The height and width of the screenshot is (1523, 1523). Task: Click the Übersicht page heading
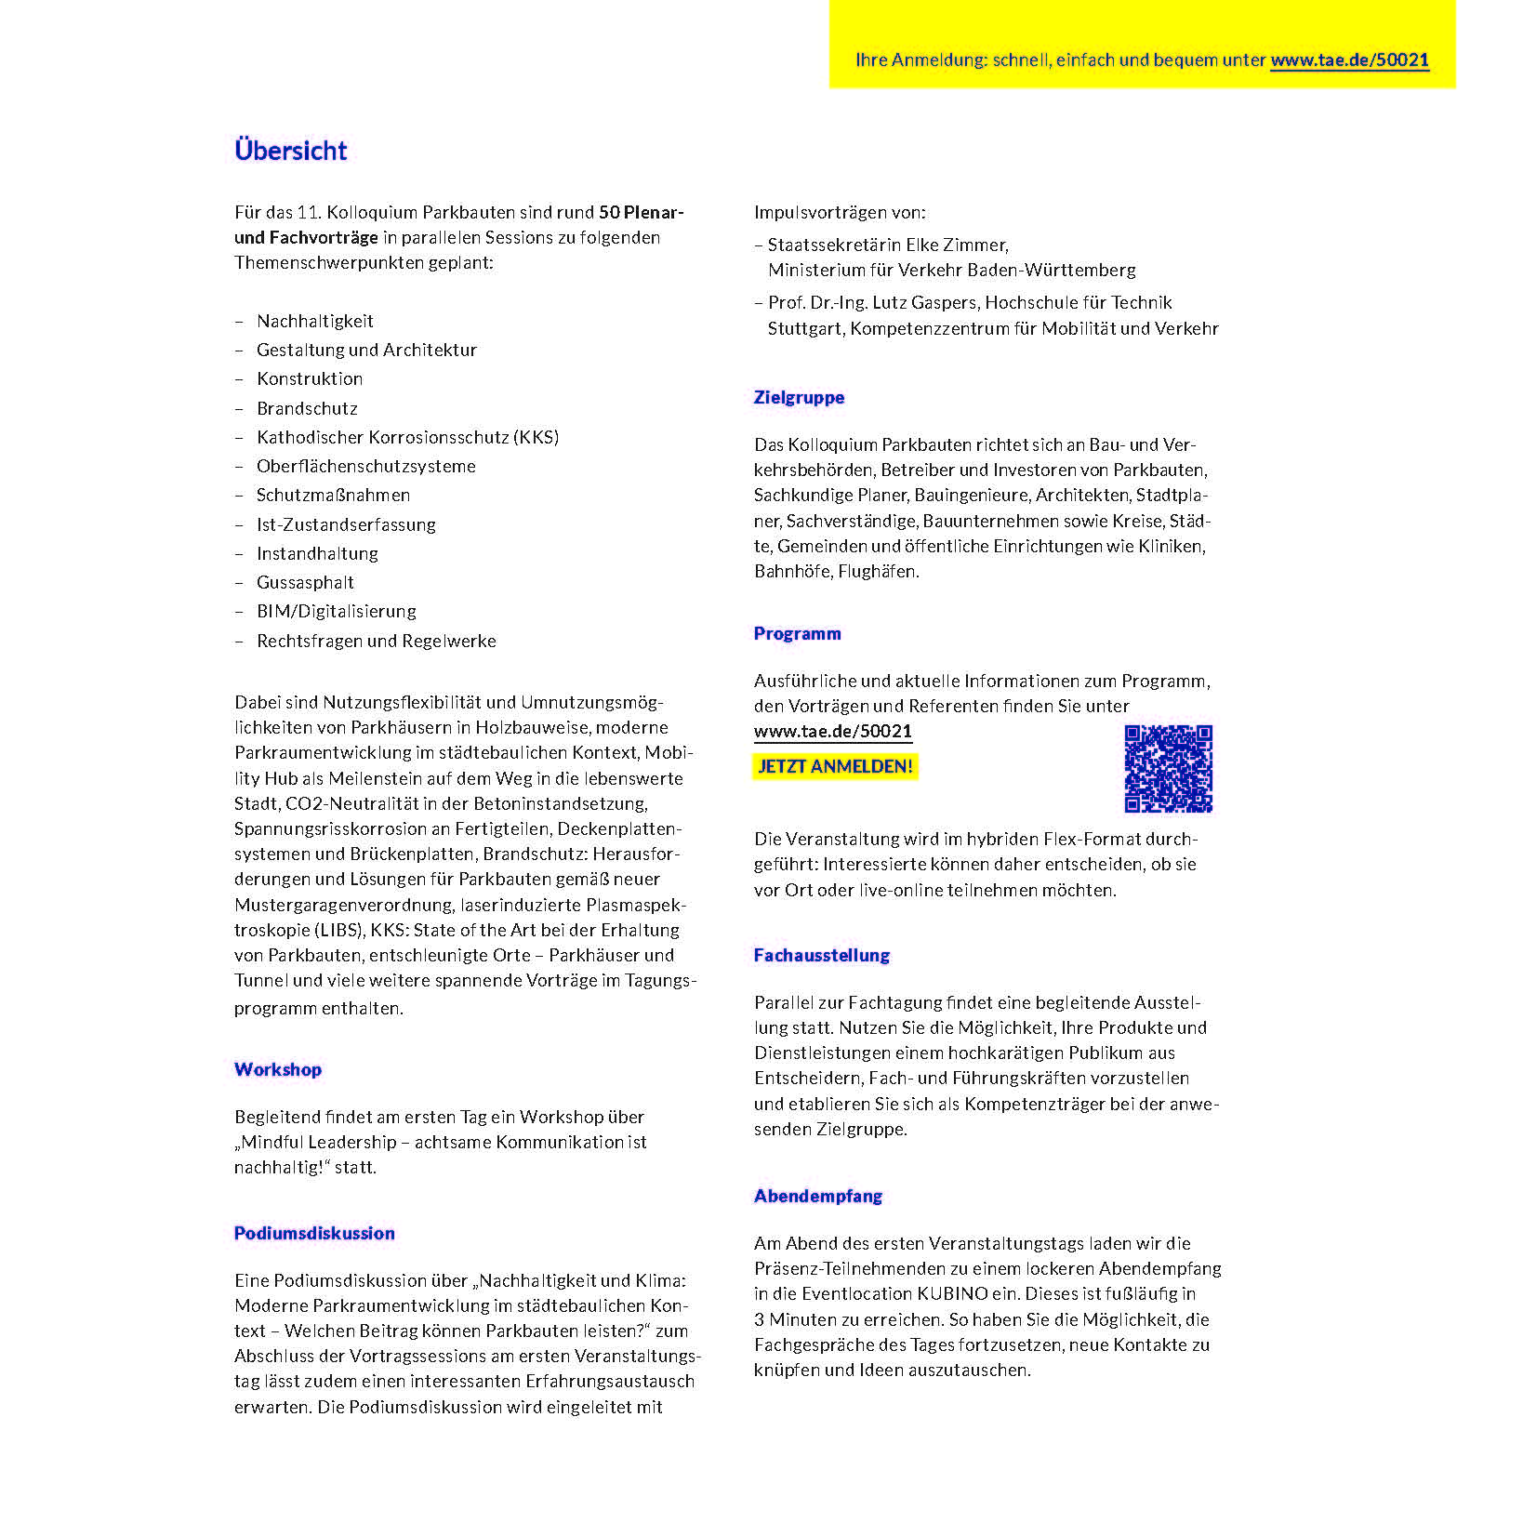290,151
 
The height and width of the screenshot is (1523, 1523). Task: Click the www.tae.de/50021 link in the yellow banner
1349,60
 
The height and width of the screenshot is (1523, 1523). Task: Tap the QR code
1168,768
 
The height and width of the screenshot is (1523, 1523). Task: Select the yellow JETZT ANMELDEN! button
835,767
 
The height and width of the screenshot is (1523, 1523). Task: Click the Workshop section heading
278,1069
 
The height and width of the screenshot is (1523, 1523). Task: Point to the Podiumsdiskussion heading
314,1233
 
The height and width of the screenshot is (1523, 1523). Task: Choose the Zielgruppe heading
799,397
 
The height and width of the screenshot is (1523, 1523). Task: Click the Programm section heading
797,633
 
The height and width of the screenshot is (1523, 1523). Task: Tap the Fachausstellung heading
821,955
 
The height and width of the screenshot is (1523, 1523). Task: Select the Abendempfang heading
817,1196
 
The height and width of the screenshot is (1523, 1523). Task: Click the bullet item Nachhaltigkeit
315,322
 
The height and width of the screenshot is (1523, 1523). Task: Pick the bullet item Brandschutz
307,408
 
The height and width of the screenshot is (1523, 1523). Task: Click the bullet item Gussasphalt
305,583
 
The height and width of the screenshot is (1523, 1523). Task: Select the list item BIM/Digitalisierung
337,612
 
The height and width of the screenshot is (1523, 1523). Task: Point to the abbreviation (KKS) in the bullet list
536,437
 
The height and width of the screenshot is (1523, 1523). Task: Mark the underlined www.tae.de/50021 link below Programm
832,732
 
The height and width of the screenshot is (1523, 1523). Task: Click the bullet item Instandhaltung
317,554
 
